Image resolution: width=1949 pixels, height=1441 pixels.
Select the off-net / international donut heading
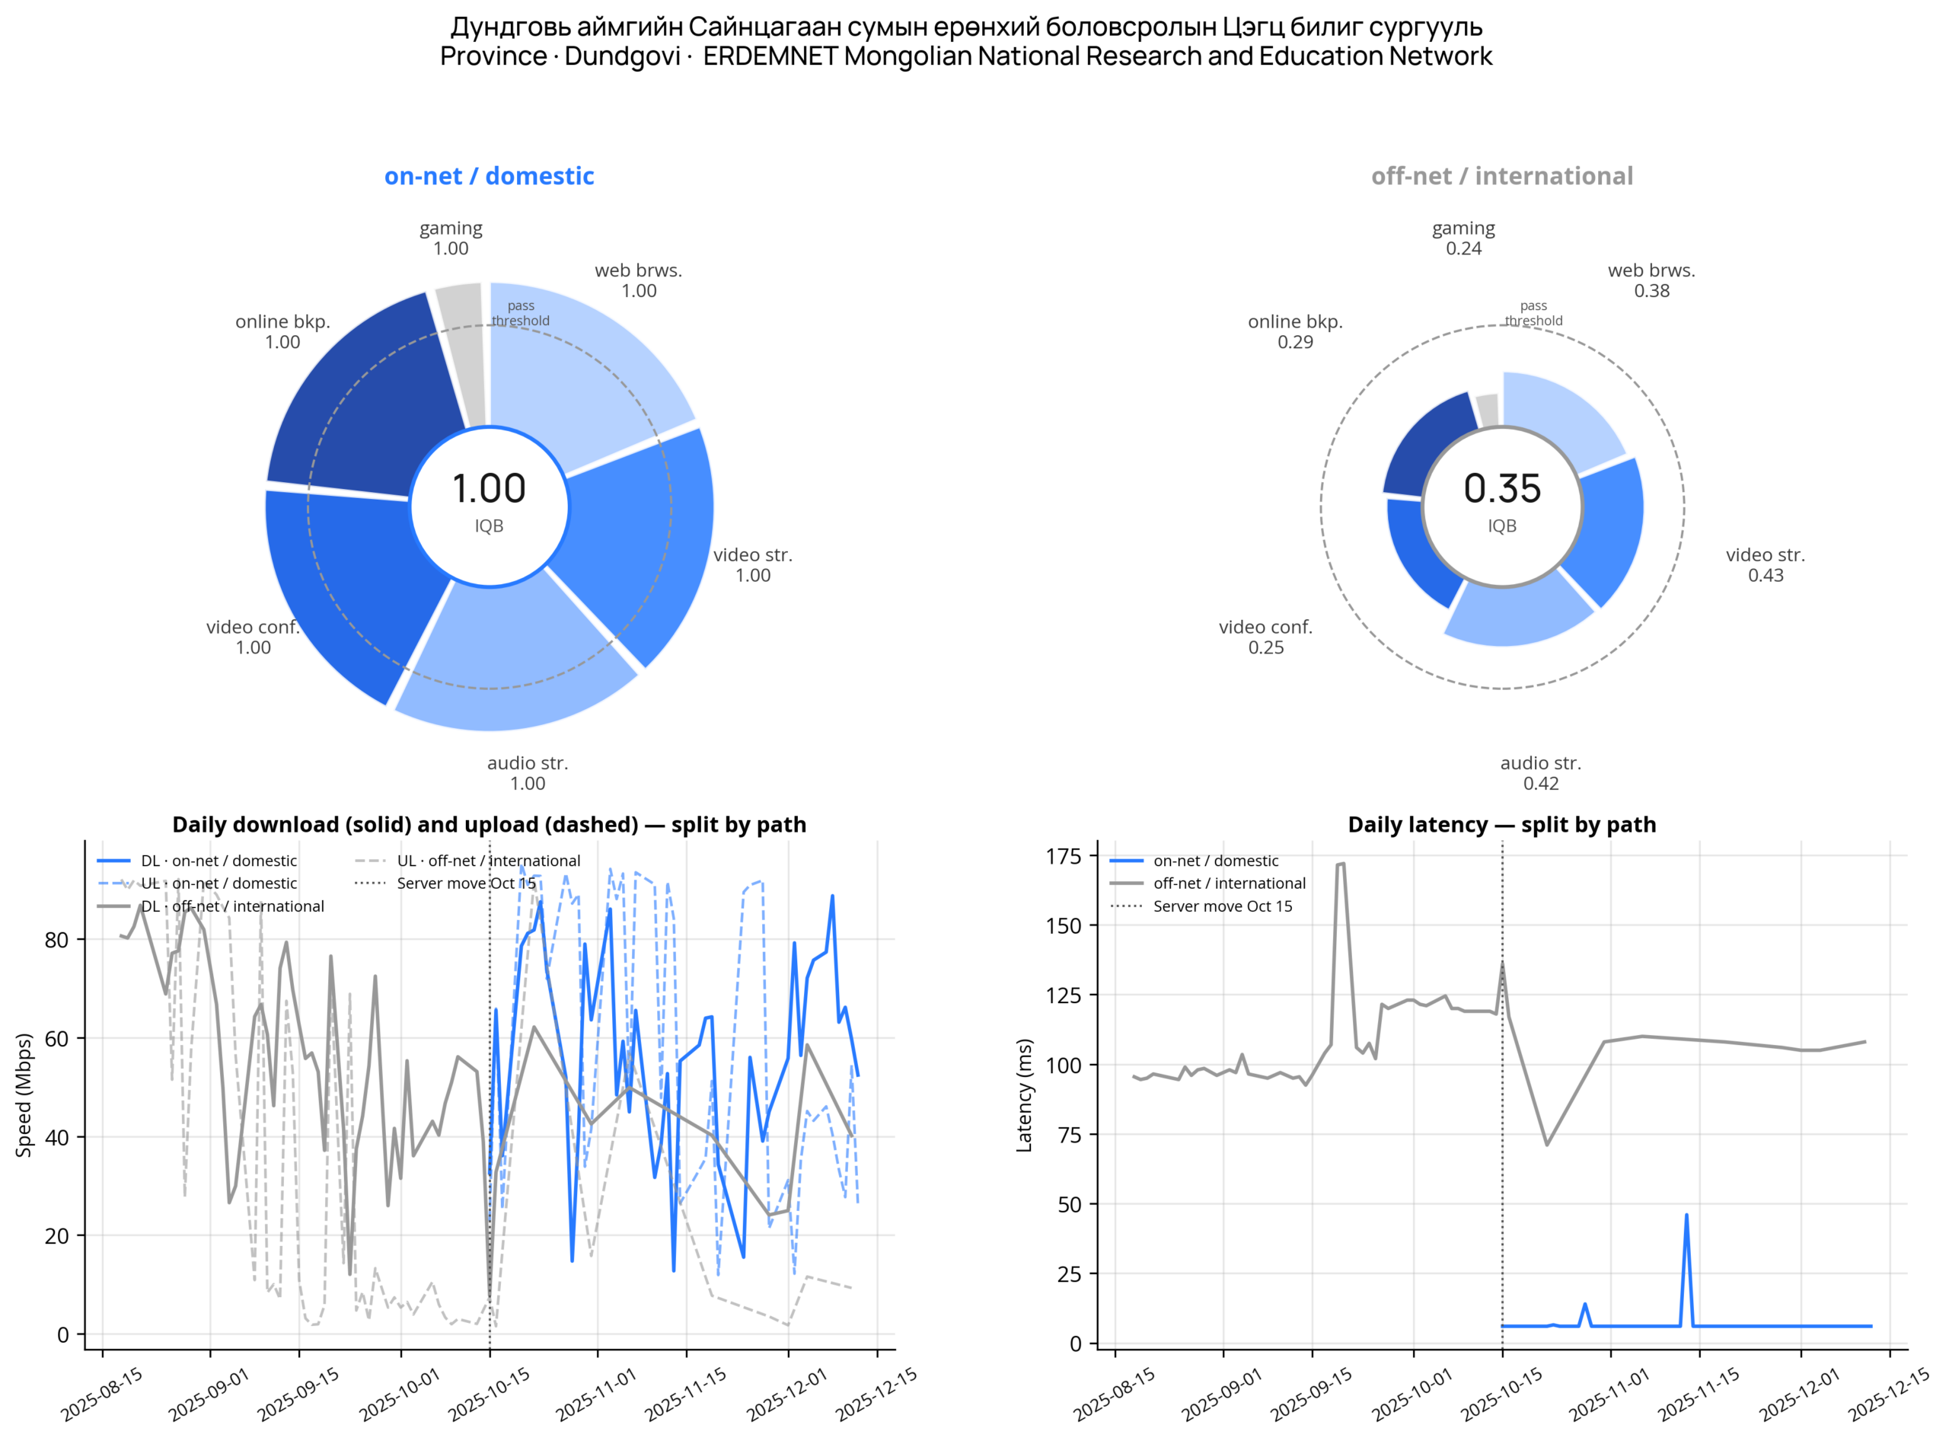coord(1501,176)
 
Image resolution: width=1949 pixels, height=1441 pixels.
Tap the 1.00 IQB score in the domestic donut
coord(490,488)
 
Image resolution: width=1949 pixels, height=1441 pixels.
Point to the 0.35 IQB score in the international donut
coord(1501,488)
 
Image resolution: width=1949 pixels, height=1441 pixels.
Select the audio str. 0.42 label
coord(1540,773)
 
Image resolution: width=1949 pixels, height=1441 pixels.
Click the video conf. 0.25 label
coord(1265,637)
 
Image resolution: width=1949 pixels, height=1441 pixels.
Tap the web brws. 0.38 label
coord(1651,280)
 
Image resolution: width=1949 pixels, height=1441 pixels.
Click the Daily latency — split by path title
coord(1501,824)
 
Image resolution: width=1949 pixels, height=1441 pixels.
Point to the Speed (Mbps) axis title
coord(24,1094)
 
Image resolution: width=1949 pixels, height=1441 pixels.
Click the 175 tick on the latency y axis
coord(1064,856)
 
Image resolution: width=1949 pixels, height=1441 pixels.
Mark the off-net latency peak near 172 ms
coord(1341,864)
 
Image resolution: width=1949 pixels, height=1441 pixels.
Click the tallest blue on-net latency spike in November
coord(1686,1215)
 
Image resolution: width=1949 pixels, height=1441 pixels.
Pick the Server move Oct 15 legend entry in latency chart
coord(1201,906)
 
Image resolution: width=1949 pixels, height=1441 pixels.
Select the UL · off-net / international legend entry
coord(467,861)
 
